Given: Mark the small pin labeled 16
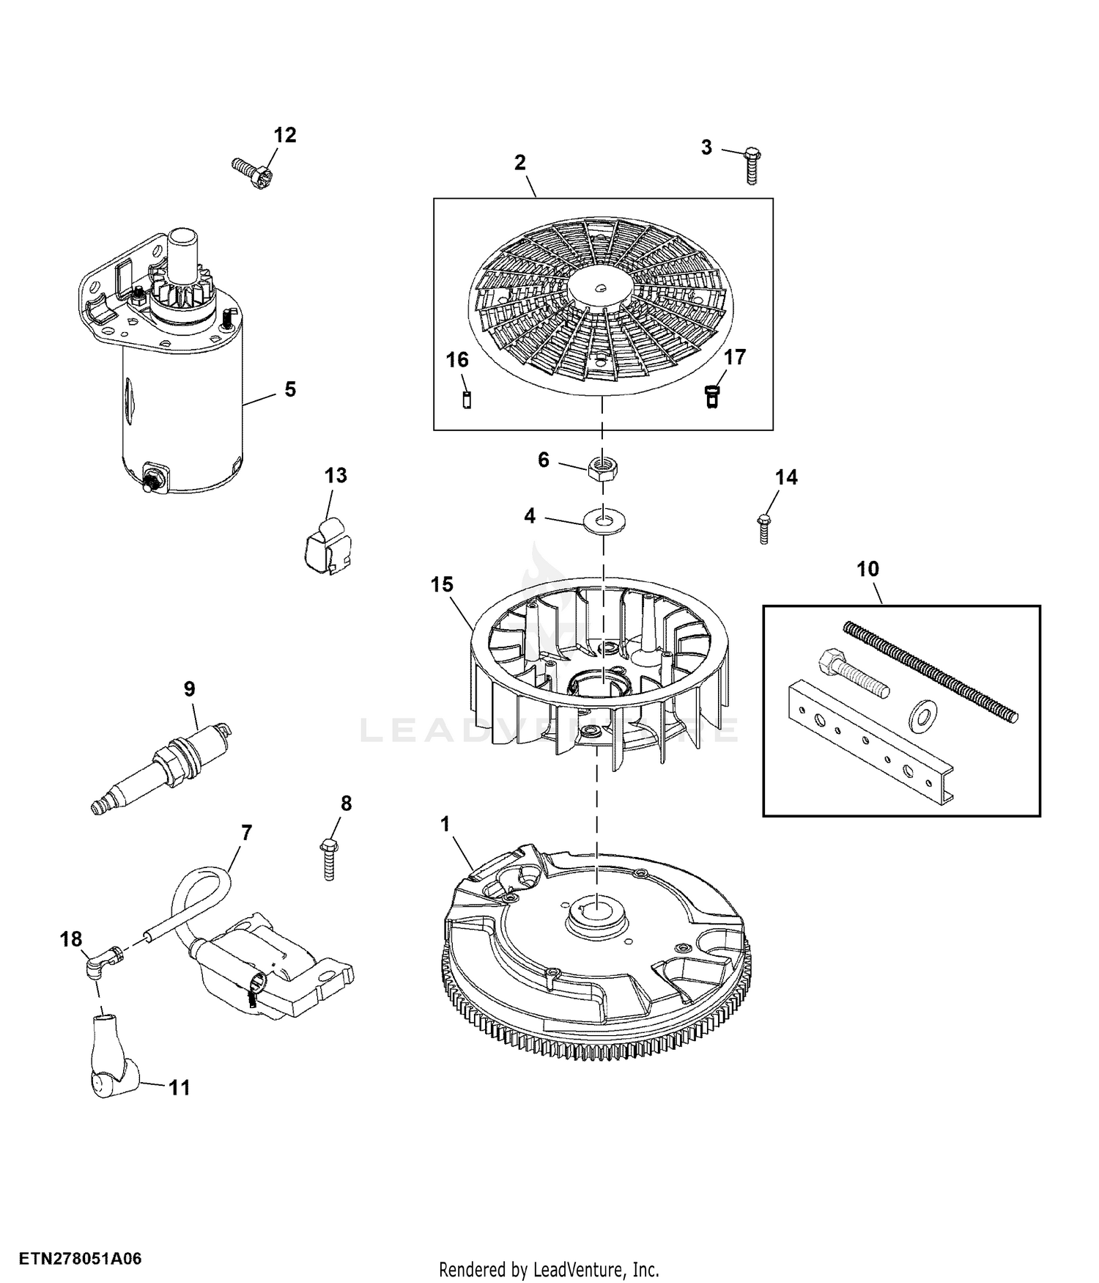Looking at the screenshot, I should tap(467, 400).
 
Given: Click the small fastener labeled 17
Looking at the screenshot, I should tap(711, 396).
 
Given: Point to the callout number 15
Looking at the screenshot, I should tap(443, 584).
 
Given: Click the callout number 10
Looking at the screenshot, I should tap(867, 569).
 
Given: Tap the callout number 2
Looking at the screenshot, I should tap(520, 162).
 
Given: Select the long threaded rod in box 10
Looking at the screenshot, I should tap(930, 671).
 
